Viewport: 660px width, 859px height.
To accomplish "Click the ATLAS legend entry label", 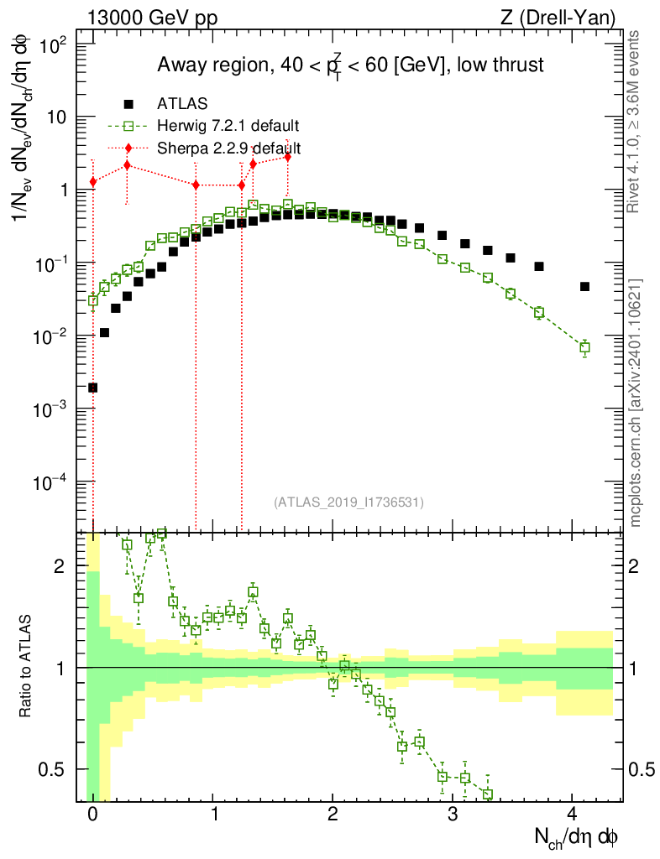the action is tap(182, 103).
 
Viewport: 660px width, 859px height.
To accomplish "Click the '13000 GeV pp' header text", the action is tap(152, 18).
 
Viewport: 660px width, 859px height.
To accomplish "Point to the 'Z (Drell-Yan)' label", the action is tap(558, 18).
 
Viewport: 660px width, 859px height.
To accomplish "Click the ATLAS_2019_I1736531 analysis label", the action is tap(348, 502).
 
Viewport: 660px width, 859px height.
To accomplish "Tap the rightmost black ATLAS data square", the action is tap(584, 287).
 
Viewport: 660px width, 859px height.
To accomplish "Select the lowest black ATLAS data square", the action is tap(93, 388).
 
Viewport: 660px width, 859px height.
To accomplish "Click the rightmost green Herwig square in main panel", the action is tap(584, 347).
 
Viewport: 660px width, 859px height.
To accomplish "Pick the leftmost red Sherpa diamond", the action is tap(93, 182).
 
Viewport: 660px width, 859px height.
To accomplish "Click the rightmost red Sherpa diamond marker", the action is tap(287, 157).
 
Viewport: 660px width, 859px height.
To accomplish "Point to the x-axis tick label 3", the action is tap(453, 814).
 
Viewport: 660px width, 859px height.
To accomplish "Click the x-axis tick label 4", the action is tap(573, 814).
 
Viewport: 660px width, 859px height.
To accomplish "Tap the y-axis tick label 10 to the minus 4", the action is tap(50, 482).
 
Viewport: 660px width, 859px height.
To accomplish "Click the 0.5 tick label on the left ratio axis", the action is tap(51, 770).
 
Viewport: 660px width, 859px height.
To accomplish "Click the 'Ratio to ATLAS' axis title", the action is tap(24, 666).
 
